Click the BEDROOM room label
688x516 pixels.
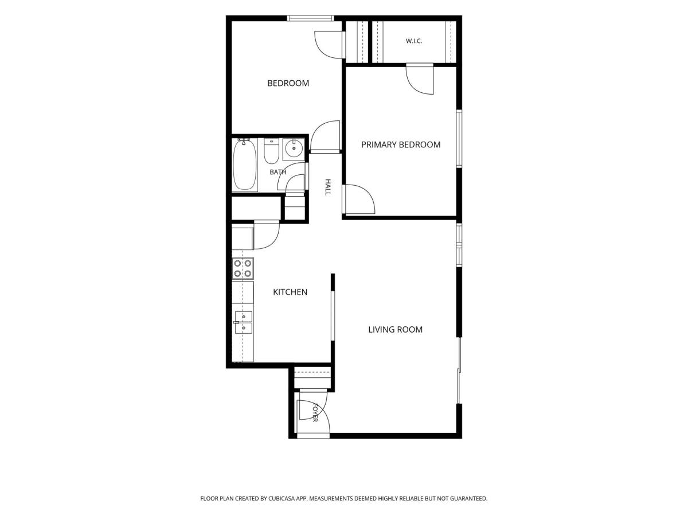[x=288, y=83]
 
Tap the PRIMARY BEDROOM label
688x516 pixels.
[x=401, y=144]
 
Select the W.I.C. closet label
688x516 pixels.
[x=414, y=41]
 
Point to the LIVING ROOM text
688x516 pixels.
[x=395, y=329]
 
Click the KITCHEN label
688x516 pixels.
[x=290, y=292]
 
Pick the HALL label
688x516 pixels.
[x=327, y=187]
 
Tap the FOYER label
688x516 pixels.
[x=315, y=412]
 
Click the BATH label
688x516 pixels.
[x=277, y=172]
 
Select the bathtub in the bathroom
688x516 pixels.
[x=244, y=165]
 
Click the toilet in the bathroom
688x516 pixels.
[x=271, y=151]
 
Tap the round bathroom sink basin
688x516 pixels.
[x=294, y=149]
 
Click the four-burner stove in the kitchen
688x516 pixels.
[x=243, y=268]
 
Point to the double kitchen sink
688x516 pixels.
[x=243, y=322]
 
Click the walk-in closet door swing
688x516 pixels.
[x=419, y=79]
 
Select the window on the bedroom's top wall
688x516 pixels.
[x=310, y=18]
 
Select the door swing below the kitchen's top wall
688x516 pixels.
[x=267, y=235]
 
